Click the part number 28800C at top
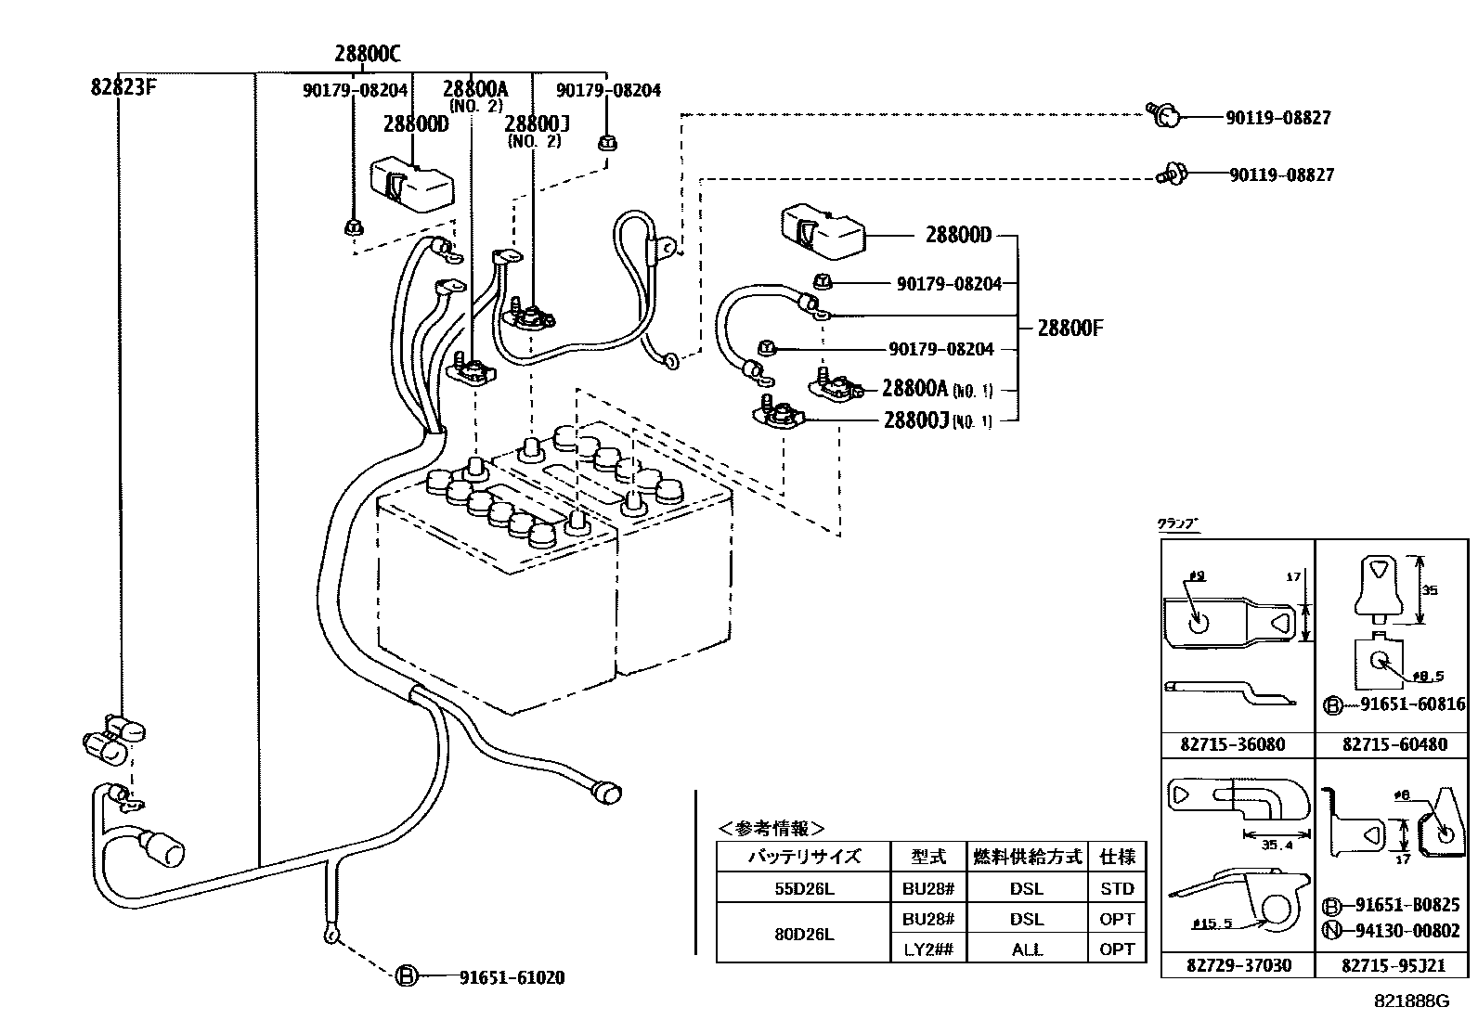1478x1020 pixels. [368, 53]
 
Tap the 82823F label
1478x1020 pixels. [123, 87]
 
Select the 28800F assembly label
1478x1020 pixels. [1070, 328]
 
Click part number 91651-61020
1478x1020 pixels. [512, 977]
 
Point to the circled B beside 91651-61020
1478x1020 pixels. [406, 976]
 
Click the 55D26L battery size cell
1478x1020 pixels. [804, 888]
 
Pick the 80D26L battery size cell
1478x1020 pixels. [804, 934]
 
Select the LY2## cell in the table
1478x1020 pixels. [927, 949]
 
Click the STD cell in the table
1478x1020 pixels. [1117, 888]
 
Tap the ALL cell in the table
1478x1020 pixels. [1026, 949]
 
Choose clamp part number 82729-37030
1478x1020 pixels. [1238, 965]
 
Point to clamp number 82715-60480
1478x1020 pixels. [1394, 744]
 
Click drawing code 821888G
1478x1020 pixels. [1412, 1001]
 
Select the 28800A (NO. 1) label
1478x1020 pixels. [936, 389]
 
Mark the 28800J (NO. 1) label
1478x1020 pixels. [937, 420]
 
